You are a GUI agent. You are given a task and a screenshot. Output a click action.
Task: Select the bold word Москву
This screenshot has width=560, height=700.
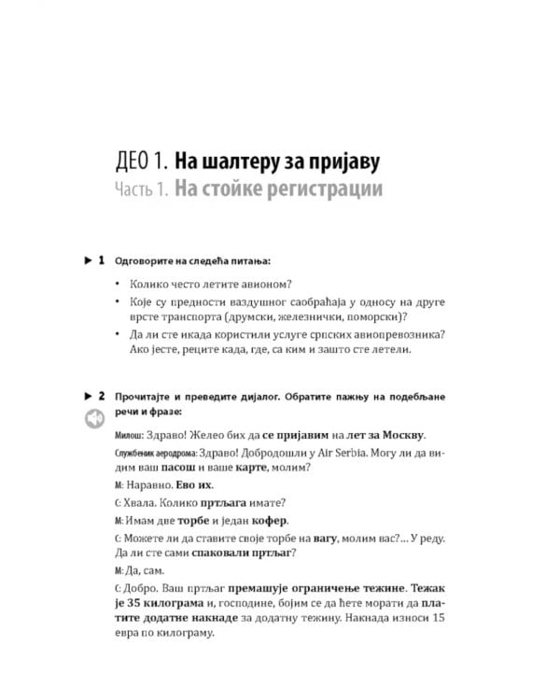396,434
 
